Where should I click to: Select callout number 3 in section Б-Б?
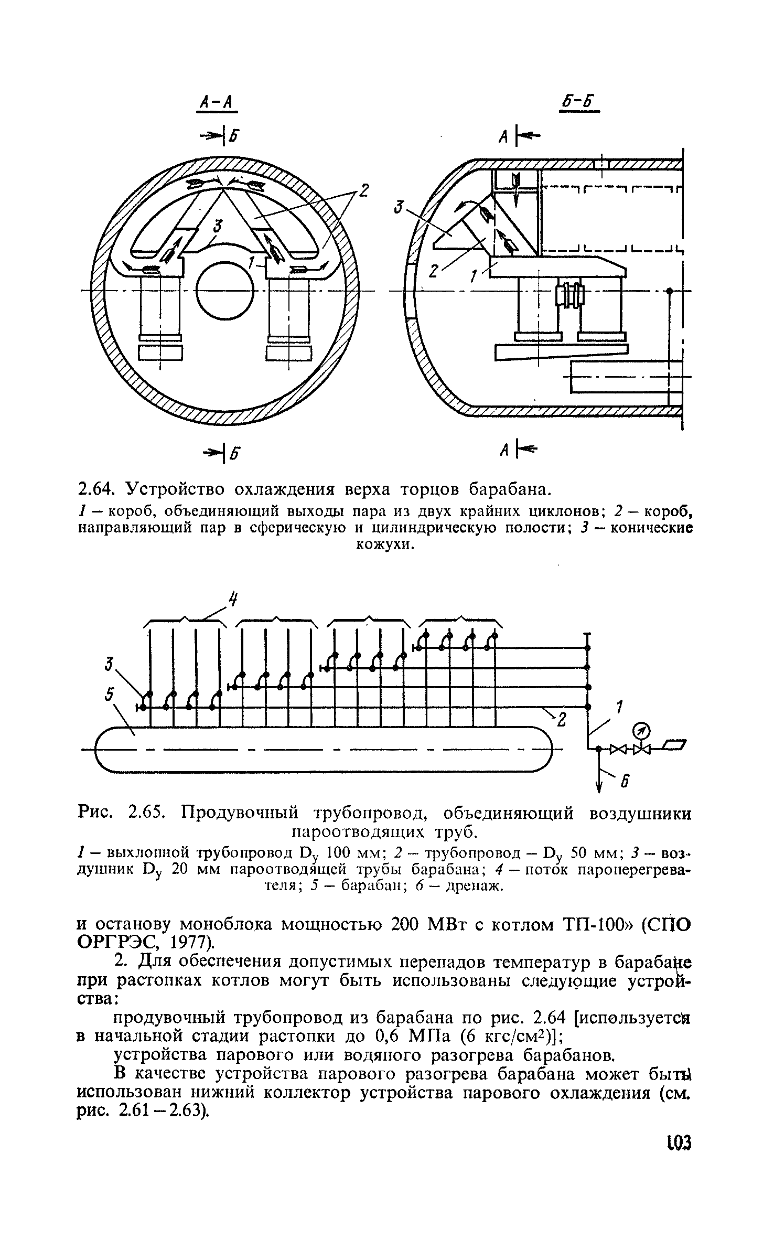coord(402,209)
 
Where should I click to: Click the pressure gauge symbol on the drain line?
coord(641,730)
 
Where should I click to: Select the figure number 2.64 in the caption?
coord(95,489)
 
